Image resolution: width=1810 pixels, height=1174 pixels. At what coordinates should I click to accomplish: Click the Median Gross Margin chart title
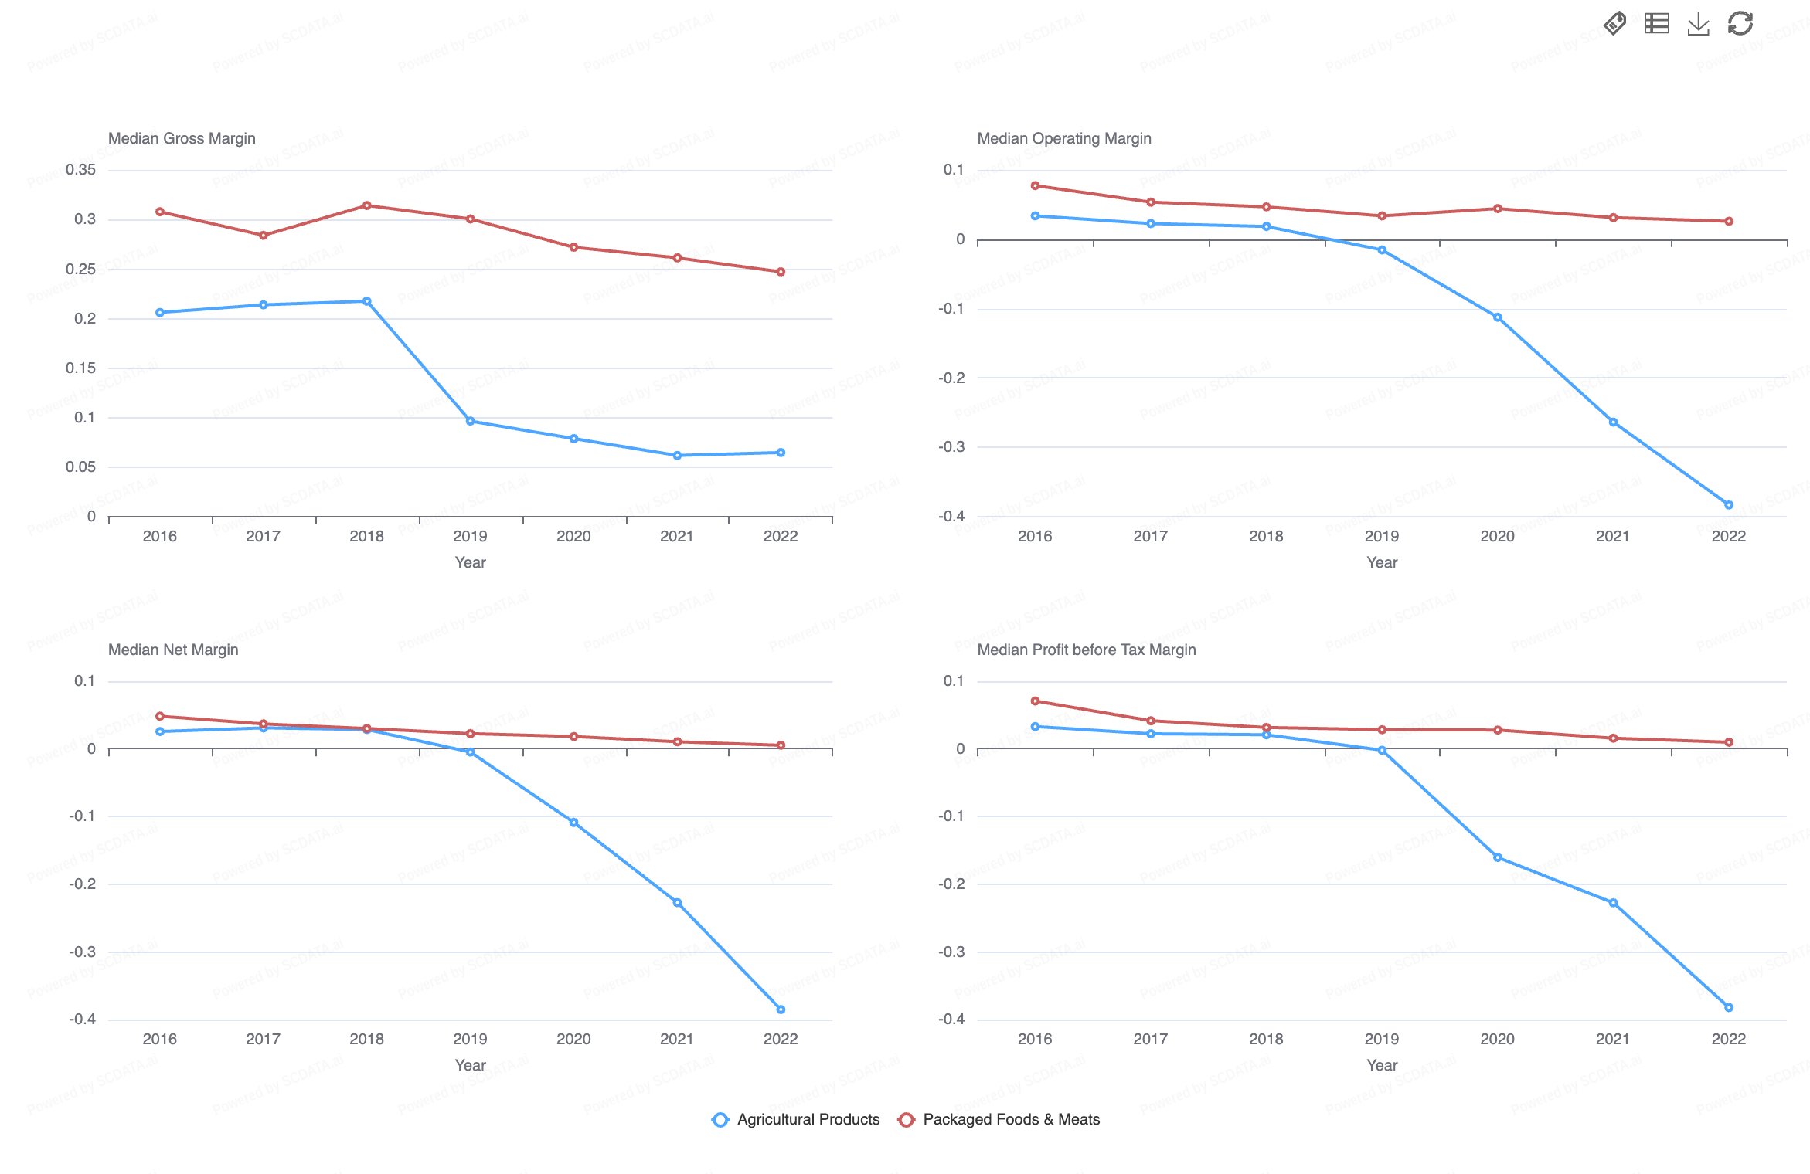tap(182, 138)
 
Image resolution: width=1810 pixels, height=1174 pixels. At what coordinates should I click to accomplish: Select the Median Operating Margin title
tap(1063, 138)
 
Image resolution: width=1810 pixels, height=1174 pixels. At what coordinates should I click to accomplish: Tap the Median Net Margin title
tap(173, 650)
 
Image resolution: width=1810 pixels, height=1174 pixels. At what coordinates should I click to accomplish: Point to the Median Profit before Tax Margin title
tap(1086, 650)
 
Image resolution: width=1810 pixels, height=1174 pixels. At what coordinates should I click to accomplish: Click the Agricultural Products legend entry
tap(796, 1119)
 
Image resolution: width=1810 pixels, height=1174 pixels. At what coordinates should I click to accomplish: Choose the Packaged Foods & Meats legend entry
tap(999, 1119)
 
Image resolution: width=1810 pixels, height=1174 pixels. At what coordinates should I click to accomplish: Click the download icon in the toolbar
tap(1698, 24)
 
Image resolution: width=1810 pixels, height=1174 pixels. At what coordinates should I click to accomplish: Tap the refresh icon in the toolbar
tap(1740, 24)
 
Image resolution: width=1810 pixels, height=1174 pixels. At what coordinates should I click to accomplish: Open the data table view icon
tap(1656, 24)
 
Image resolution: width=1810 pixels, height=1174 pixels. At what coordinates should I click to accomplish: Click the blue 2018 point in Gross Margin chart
tap(366, 301)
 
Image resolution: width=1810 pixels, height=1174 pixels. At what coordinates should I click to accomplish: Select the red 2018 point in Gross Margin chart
tap(366, 205)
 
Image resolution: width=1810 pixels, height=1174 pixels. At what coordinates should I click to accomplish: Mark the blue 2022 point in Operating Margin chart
tap(1729, 505)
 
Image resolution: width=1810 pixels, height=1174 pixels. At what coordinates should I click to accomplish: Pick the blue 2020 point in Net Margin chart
tap(573, 823)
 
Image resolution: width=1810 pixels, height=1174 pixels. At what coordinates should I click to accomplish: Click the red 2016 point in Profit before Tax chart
tap(1035, 701)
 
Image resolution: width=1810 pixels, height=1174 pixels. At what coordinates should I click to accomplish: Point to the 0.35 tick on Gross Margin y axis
tap(80, 170)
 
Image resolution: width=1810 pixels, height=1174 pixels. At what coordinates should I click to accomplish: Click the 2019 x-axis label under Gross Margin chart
tap(470, 536)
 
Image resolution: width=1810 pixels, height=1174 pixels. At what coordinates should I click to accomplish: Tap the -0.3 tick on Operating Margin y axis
tap(951, 447)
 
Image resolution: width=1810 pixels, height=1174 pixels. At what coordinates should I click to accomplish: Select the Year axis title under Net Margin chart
tap(470, 1065)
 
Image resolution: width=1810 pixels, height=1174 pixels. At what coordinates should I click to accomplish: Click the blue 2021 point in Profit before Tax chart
tap(1613, 903)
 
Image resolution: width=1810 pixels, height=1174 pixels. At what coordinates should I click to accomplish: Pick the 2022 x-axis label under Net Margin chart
tap(781, 1039)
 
